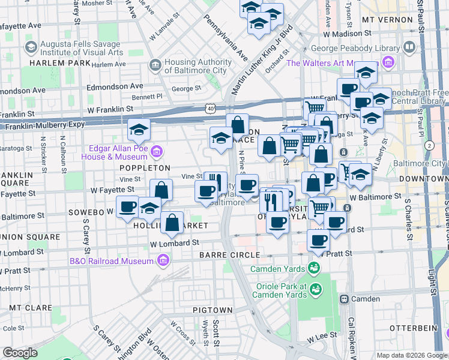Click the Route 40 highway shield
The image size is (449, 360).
[x=209, y=108]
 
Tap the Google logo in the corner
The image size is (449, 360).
[x=20, y=353]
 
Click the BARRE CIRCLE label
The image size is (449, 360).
[x=221, y=255]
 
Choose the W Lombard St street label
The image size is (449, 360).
[x=175, y=243]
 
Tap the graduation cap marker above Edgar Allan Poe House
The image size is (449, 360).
[x=139, y=129]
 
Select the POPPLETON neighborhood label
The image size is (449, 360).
[x=145, y=168]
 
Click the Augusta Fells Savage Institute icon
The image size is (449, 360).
[x=30, y=46]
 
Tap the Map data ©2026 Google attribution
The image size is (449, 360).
[x=411, y=355]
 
